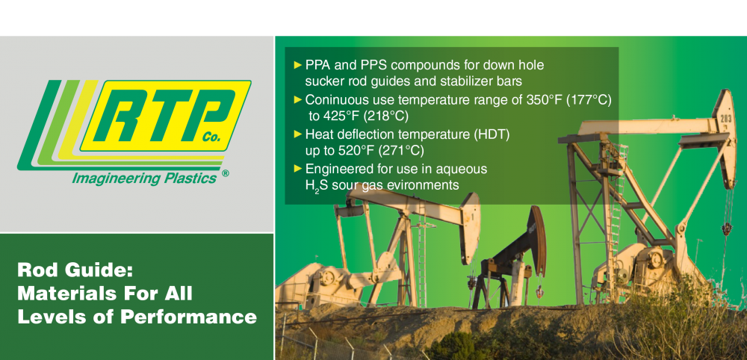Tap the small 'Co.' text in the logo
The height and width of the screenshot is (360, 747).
(x=211, y=137)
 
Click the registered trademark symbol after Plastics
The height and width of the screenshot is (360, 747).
(x=226, y=173)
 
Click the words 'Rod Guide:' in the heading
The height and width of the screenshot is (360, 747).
(x=74, y=270)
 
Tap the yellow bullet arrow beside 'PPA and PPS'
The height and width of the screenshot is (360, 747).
(x=298, y=64)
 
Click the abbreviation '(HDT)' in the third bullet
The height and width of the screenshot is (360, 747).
(x=492, y=134)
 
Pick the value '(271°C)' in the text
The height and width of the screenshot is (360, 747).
(x=401, y=151)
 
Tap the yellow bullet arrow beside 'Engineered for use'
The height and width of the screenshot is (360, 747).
(x=298, y=168)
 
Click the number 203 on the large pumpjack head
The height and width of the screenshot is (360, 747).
(x=726, y=119)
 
